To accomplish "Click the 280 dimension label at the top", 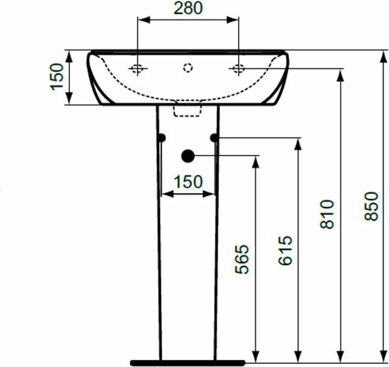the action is click(188, 8).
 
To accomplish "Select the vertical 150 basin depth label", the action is click(57, 77).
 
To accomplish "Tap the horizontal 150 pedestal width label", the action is click(188, 182).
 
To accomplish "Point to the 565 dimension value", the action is click(242, 259).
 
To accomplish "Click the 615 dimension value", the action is click(285, 251).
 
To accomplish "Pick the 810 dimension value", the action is click(327, 214).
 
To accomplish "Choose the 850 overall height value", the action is click(372, 206).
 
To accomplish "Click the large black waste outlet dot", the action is click(188, 156).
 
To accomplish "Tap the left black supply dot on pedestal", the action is click(162, 138).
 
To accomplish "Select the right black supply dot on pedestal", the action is click(214, 138).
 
